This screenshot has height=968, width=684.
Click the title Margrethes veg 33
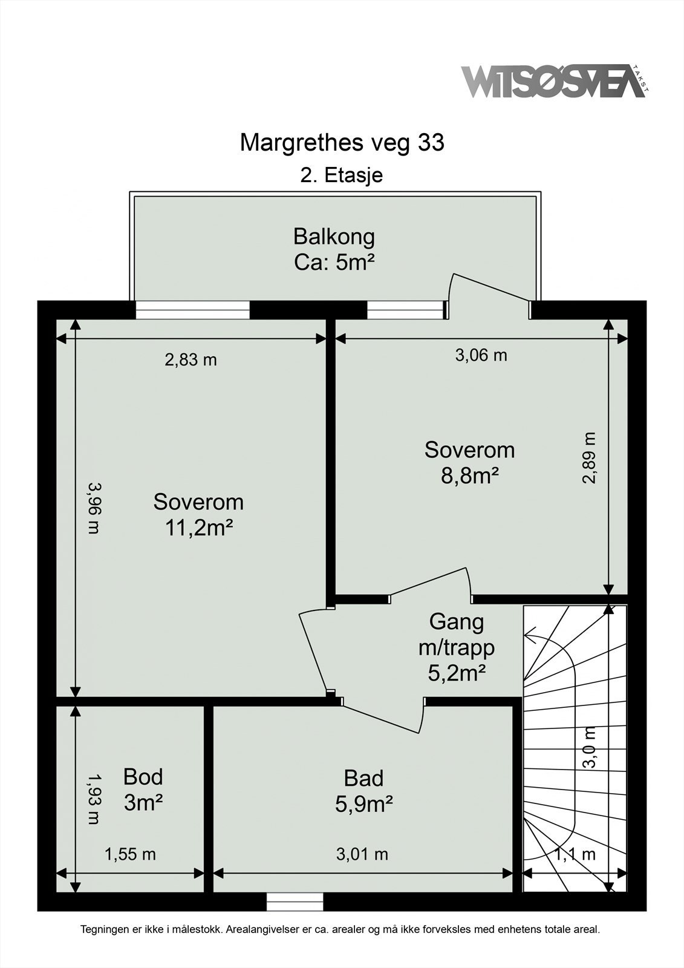pos(342,143)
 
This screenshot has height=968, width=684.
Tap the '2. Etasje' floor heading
pos(342,175)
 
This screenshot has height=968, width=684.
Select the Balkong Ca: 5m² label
pos(334,249)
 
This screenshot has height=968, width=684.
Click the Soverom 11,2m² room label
pos(198,515)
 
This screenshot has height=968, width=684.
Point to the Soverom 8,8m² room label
pos(470,463)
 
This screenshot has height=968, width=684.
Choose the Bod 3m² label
pos(143,790)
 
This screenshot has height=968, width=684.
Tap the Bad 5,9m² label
pos(364,791)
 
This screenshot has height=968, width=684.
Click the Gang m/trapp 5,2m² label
pos(457,647)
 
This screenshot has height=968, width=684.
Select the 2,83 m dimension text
pos(191,359)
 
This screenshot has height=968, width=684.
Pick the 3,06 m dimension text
pos(481,355)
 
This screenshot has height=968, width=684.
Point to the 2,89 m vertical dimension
pos(589,458)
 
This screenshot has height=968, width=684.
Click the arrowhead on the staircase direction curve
pos(530,635)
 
